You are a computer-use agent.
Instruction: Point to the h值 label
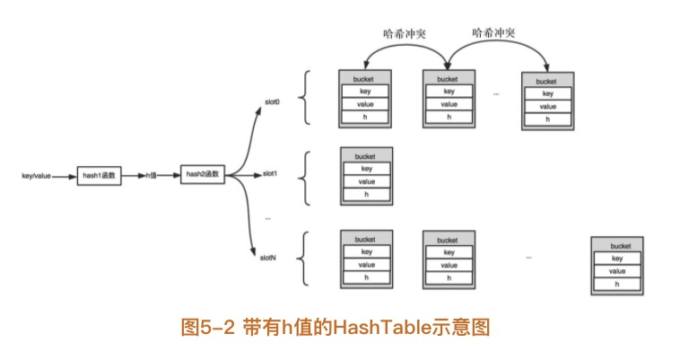pyautogui.click(x=153, y=175)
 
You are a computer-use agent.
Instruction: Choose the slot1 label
pyautogui.click(x=270, y=172)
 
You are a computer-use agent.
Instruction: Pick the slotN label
pyautogui.click(x=268, y=258)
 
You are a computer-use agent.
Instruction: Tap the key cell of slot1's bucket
pyautogui.click(x=366, y=168)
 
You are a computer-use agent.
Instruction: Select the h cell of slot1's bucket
pyautogui.click(x=366, y=194)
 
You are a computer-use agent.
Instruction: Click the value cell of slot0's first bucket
pyautogui.click(x=366, y=104)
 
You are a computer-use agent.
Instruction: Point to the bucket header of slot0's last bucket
pyautogui.click(x=546, y=80)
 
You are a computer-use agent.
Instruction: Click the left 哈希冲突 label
pyautogui.click(x=404, y=32)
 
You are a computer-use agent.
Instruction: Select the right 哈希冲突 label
pyautogui.click(x=495, y=32)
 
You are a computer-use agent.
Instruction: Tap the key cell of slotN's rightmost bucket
pyautogui.click(x=617, y=259)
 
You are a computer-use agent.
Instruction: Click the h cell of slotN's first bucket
pyautogui.click(x=366, y=277)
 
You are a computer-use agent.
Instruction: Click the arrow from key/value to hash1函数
pyautogui.click(x=64, y=176)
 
